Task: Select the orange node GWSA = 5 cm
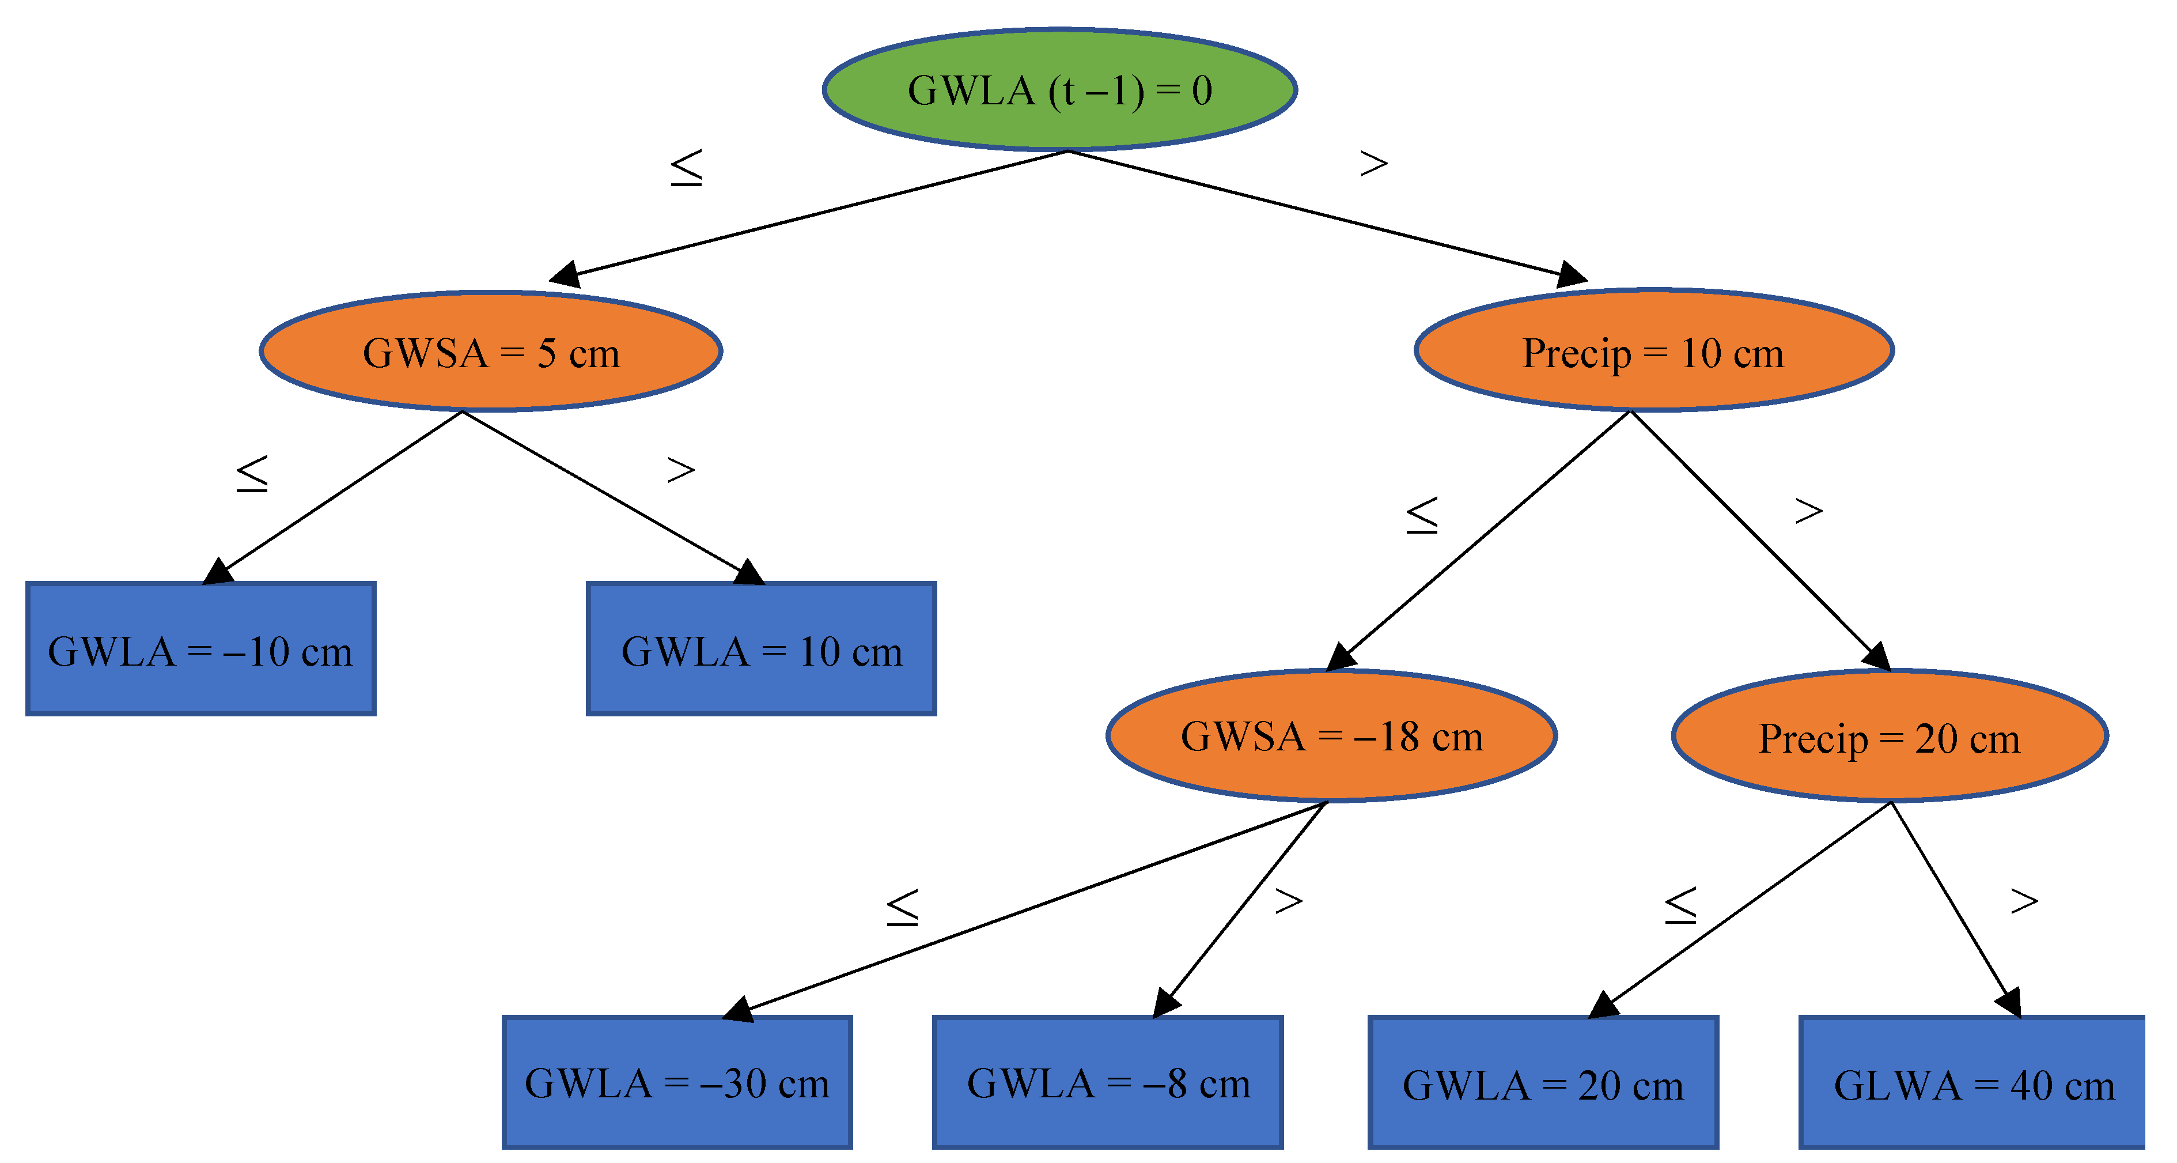491,352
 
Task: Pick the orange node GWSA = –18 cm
1331,735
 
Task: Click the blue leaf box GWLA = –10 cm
200,649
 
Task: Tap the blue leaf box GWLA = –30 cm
677,1082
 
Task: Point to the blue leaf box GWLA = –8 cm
1107,1082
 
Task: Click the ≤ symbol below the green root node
686,167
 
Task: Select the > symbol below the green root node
1373,163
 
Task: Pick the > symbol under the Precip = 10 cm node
1808,511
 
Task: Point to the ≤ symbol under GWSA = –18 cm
902,907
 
